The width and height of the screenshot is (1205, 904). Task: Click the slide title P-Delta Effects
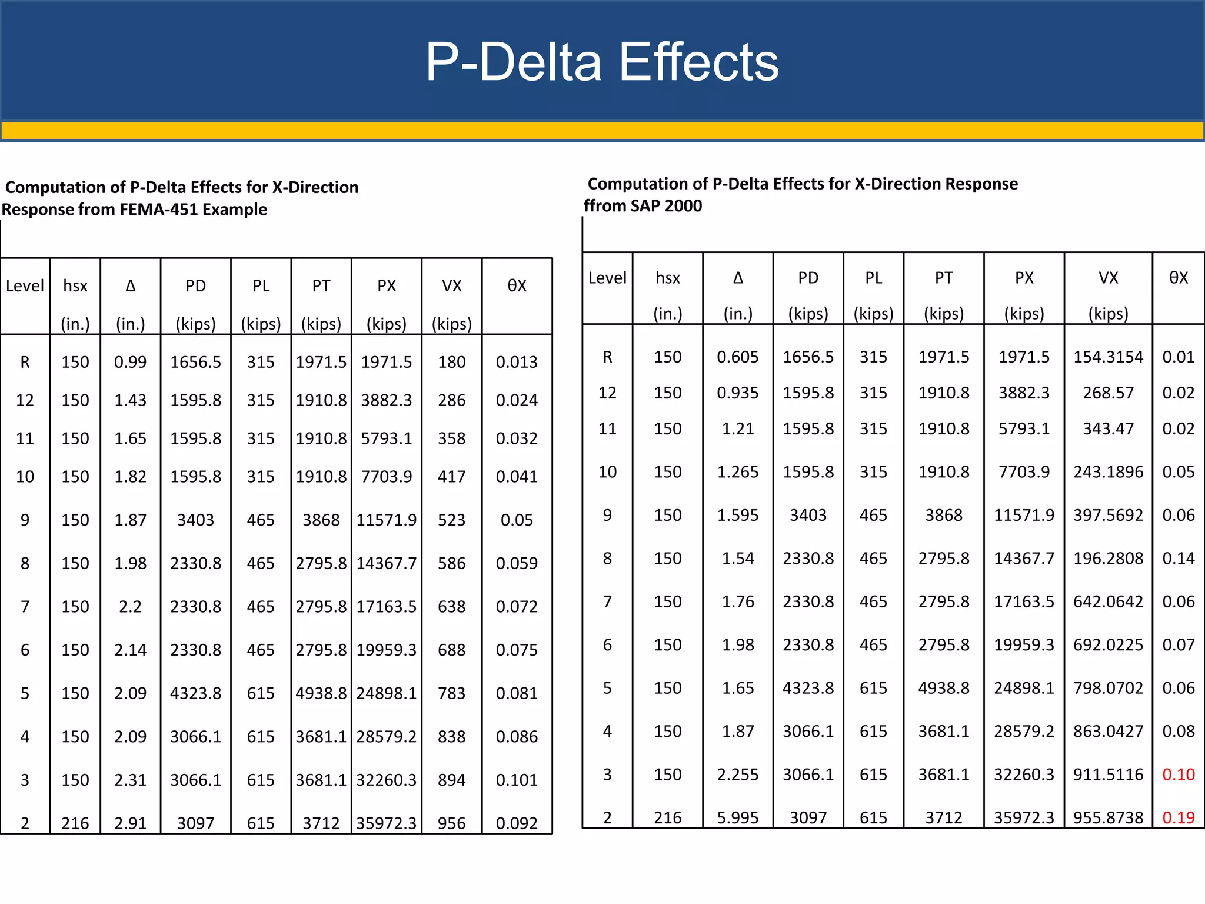(602, 62)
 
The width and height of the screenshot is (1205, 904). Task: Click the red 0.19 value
(1178, 817)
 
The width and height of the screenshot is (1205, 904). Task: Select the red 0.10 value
(1178, 775)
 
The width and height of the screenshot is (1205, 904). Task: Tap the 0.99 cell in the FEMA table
(130, 362)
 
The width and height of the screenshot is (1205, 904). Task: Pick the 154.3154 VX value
(1108, 357)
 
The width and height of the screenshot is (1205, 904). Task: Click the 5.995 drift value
(737, 817)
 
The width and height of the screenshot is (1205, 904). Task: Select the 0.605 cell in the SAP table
(737, 357)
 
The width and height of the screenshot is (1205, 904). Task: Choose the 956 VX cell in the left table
(451, 823)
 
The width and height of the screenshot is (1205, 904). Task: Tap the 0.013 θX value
(517, 362)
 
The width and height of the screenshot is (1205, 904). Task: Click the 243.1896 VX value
(1108, 472)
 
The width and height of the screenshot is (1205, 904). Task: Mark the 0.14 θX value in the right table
(1178, 559)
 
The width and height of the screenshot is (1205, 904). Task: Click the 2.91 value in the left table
(130, 823)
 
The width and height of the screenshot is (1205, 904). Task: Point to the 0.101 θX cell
(517, 780)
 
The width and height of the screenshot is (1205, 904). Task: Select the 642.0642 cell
(1108, 601)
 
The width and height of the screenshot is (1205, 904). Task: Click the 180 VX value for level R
(451, 362)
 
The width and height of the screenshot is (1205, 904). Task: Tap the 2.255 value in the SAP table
(737, 775)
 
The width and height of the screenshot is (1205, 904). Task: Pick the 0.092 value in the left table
(517, 823)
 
